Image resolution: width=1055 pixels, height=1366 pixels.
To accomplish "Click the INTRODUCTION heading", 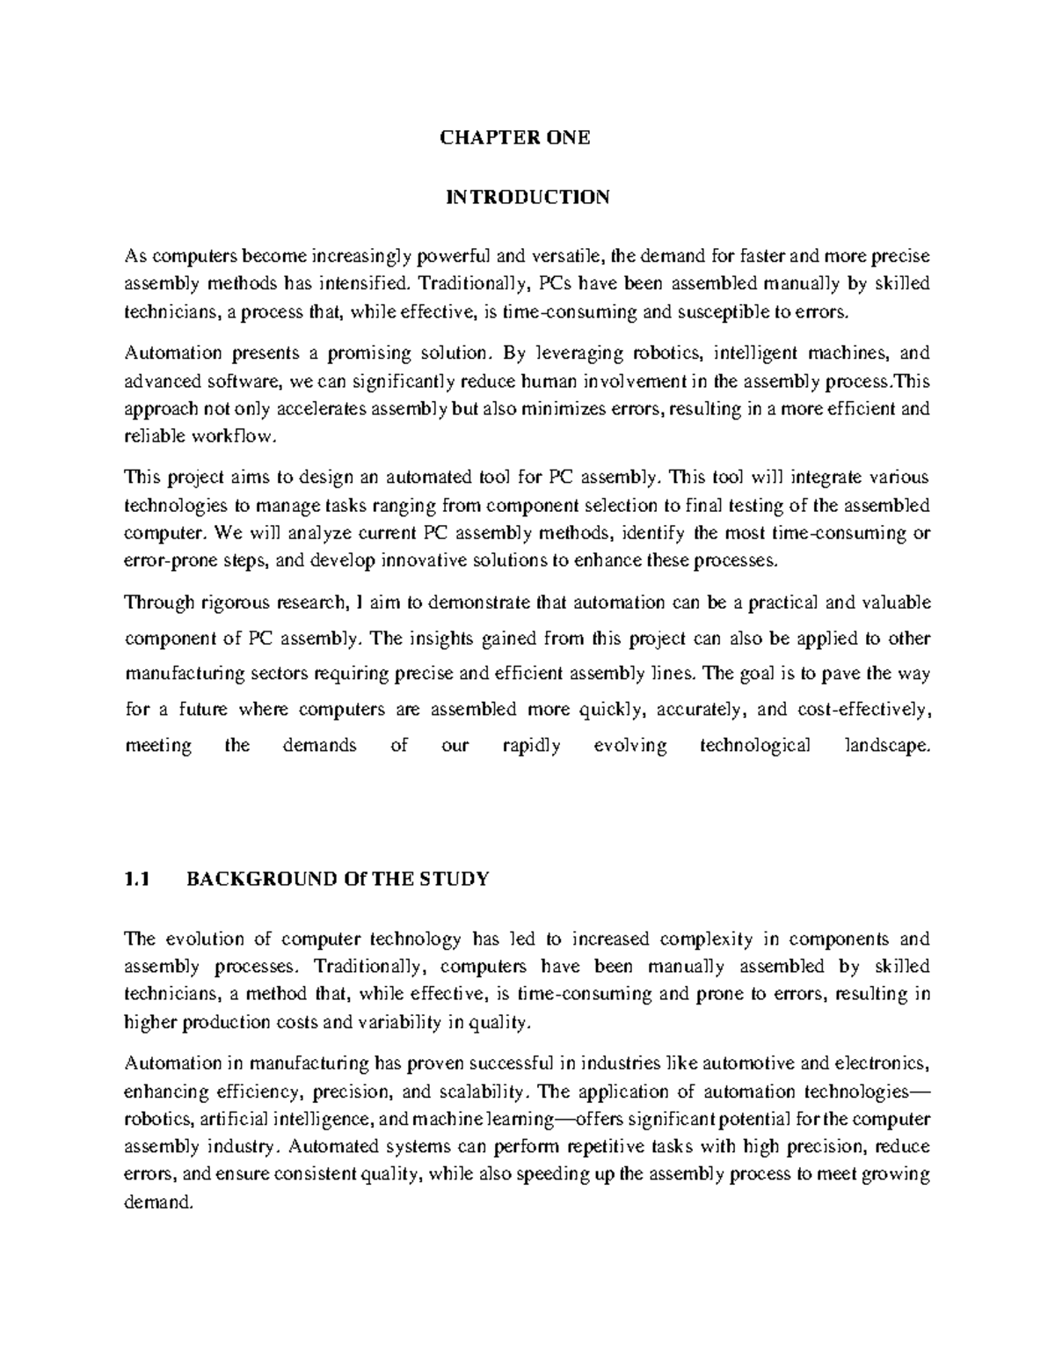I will click(527, 196).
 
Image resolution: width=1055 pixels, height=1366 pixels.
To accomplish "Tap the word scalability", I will click(487, 1092).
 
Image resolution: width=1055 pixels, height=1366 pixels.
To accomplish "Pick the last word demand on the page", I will click(157, 1203).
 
